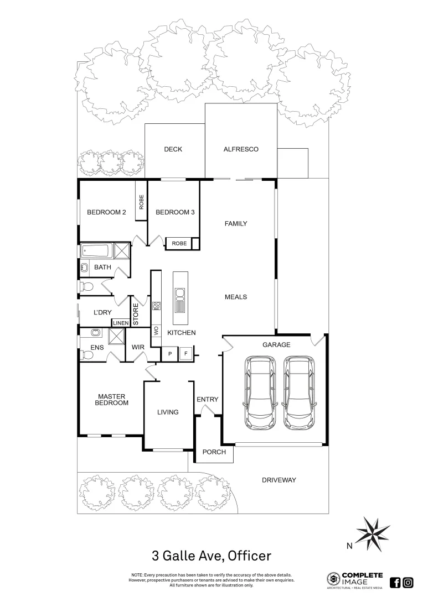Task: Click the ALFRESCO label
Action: [x=241, y=149]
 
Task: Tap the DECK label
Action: [x=173, y=149]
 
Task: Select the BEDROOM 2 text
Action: [x=107, y=212]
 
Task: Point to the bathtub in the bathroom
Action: [x=96, y=251]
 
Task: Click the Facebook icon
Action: [x=395, y=582]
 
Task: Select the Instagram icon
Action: [x=408, y=582]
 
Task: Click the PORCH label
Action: [x=214, y=452]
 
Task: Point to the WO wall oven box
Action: [x=156, y=331]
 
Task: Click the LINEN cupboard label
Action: [x=121, y=323]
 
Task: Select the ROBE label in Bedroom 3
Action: [x=179, y=243]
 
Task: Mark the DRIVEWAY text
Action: [x=278, y=480]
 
